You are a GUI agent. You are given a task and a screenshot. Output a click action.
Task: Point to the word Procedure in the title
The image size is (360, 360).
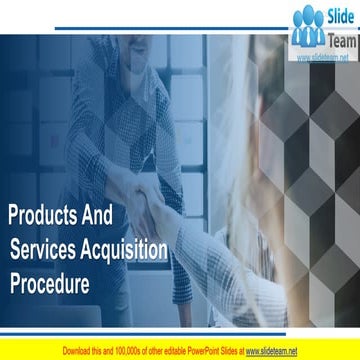pyautogui.click(x=49, y=283)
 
